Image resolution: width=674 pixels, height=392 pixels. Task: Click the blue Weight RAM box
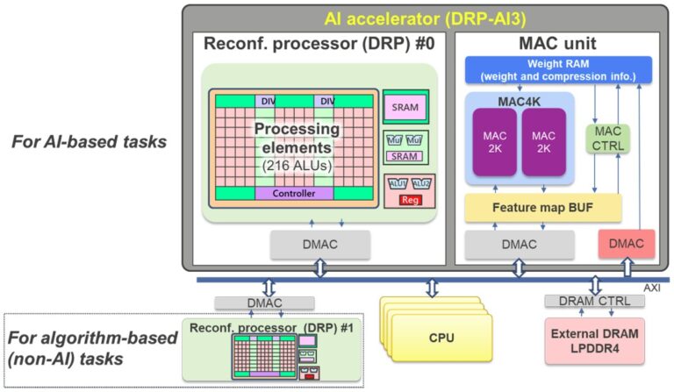coord(558,68)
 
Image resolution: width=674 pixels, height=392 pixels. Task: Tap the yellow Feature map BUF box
coord(542,208)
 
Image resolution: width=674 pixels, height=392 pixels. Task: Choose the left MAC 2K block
coord(492,140)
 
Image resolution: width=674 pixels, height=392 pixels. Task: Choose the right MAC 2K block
coord(543,140)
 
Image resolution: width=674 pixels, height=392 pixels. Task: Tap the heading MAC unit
coord(558,42)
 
